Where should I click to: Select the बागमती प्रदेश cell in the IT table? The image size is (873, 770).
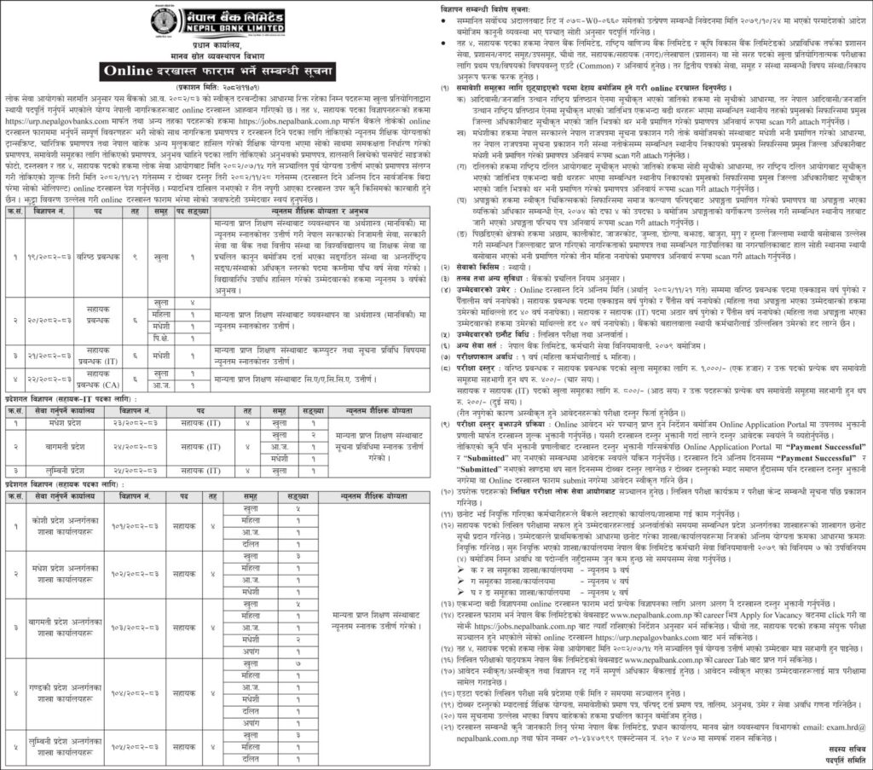(64, 446)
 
